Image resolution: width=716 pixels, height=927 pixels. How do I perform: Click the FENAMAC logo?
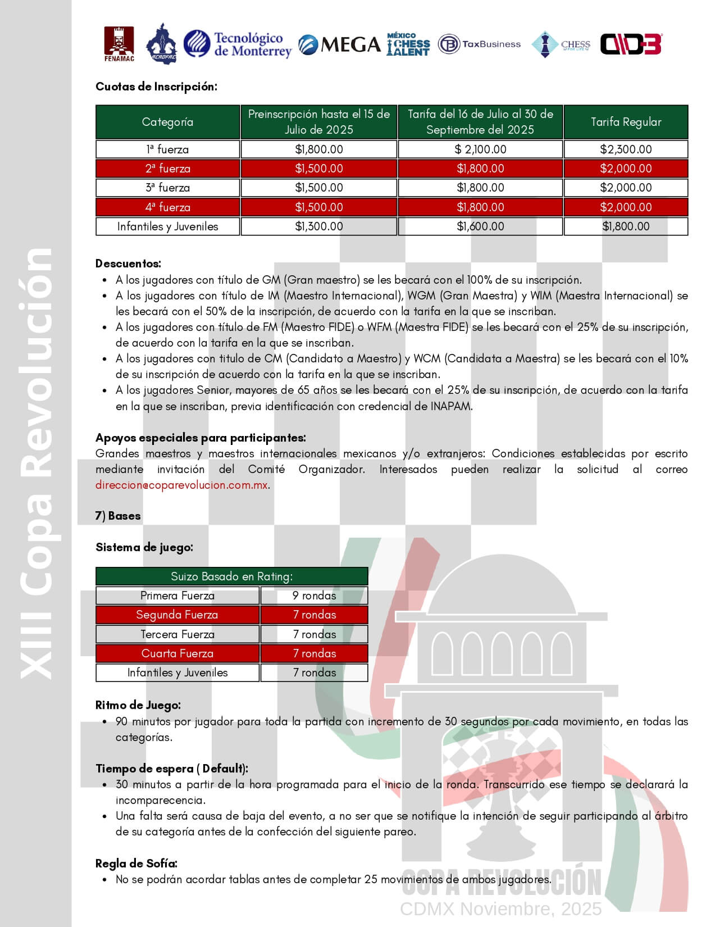pyautogui.click(x=119, y=44)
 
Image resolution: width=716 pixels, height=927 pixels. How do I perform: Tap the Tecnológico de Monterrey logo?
pyautogui.click(x=238, y=44)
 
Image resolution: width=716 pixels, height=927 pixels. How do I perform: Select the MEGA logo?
pyautogui.click(x=339, y=44)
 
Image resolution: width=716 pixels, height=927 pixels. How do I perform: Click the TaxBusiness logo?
pyautogui.click(x=479, y=44)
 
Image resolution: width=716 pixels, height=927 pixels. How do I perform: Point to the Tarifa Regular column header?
pyautogui.click(x=626, y=122)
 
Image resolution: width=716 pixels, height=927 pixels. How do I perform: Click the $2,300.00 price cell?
pyautogui.click(x=626, y=149)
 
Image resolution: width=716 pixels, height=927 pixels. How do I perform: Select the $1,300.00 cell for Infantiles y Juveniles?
pyautogui.click(x=319, y=226)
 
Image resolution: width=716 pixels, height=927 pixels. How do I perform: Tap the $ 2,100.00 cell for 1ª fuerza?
pyautogui.click(x=480, y=149)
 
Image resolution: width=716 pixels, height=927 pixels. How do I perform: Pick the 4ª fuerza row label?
pyautogui.click(x=168, y=207)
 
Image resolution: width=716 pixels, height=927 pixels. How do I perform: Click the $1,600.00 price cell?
pyautogui.click(x=480, y=226)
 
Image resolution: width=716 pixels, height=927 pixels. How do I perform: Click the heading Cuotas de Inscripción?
pyautogui.click(x=156, y=87)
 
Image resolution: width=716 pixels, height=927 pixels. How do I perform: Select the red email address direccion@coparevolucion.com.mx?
pyautogui.click(x=181, y=485)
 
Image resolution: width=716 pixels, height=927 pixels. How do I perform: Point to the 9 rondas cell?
pyautogui.click(x=314, y=596)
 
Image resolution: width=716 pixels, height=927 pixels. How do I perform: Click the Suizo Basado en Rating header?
pyautogui.click(x=231, y=576)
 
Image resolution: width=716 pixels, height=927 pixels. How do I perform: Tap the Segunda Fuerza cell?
pyautogui.click(x=177, y=615)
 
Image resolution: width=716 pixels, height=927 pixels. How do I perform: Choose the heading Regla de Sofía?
pyautogui.click(x=136, y=864)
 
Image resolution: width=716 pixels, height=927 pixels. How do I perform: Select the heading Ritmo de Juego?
pyautogui.click(x=138, y=705)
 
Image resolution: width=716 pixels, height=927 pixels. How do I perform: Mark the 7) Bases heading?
pyautogui.click(x=118, y=516)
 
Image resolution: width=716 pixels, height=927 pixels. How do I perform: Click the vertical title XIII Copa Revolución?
pyautogui.click(x=37, y=463)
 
